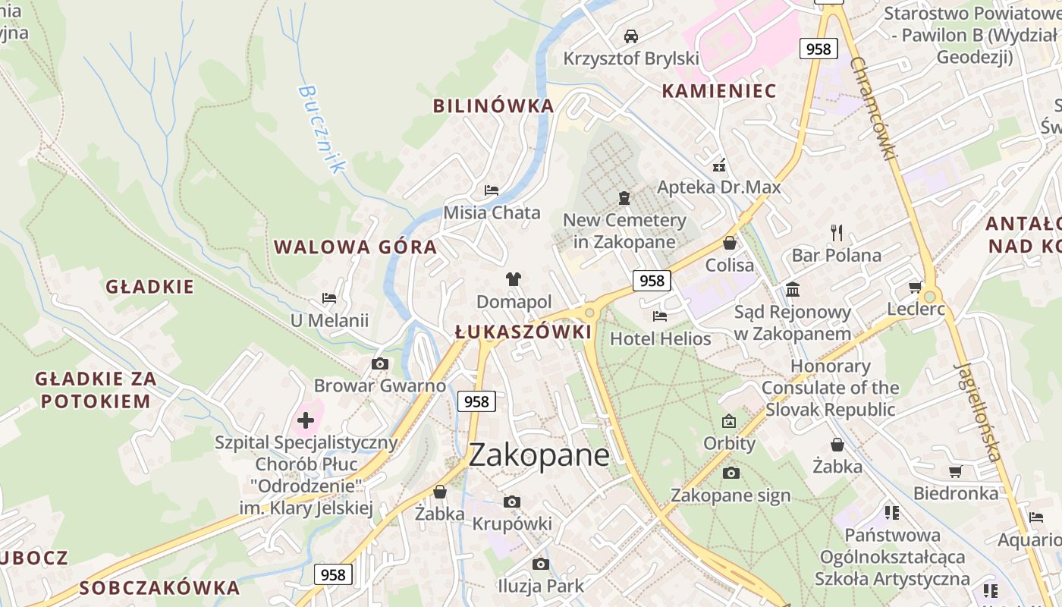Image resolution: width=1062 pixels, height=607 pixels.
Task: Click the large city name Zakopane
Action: pyautogui.click(x=539, y=455)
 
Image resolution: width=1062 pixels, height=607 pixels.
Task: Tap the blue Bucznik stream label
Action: pyautogui.click(x=321, y=129)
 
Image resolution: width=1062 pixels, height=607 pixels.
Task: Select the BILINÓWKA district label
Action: pyautogui.click(x=493, y=106)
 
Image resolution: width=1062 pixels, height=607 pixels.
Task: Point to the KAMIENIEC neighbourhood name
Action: pyautogui.click(x=719, y=91)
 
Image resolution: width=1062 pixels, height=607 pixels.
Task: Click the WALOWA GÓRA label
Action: pyautogui.click(x=355, y=247)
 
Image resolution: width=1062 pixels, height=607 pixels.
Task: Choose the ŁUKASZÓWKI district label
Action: pyautogui.click(x=523, y=332)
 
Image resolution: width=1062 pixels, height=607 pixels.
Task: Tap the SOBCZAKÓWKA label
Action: pyautogui.click(x=159, y=587)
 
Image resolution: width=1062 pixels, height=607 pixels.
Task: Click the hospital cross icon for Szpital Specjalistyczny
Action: pyautogui.click(x=306, y=420)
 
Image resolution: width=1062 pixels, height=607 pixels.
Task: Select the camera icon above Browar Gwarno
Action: pyautogui.click(x=380, y=364)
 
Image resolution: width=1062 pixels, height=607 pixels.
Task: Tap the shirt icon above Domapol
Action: pyautogui.click(x=514, y=279)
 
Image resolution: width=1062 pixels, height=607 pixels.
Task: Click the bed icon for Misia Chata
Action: pyautogui.click(x=492, y=190)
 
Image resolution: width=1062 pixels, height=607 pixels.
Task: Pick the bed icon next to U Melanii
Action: pyautogui.click(x=329, y=298)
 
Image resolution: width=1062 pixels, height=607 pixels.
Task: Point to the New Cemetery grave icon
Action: pyautogui.click(x=624, y=198)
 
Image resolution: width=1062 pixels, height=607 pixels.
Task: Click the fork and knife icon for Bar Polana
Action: pyautogui.click(x=837, y=232)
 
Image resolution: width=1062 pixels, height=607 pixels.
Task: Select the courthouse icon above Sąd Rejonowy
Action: pyautogui.click(x=793, y=289)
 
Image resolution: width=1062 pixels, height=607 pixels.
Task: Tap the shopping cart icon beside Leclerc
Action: pyautogui.click(x=916, y=287)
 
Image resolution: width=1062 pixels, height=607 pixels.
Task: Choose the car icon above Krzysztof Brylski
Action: pyautogui.click(x=630, y=36)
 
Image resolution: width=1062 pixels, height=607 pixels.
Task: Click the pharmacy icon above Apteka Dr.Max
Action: pyautogui.click(x=719, y=165)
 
